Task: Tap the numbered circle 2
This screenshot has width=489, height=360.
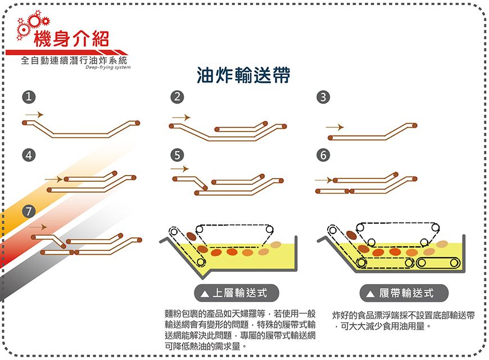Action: pos(178,97)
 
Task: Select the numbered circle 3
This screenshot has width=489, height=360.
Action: pos(322,97)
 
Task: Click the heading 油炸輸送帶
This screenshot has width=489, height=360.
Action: pos(243,75)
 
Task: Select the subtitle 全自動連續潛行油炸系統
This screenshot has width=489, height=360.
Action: pos(74,60)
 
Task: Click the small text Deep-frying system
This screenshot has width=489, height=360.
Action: pos(108,67)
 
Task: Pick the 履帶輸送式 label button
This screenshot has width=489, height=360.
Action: pos(405,292)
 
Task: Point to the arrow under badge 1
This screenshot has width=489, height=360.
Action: pos(34,114)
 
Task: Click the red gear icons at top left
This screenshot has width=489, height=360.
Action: pos(33,25)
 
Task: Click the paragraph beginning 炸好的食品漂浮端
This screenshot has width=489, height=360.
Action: pos(404,319)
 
